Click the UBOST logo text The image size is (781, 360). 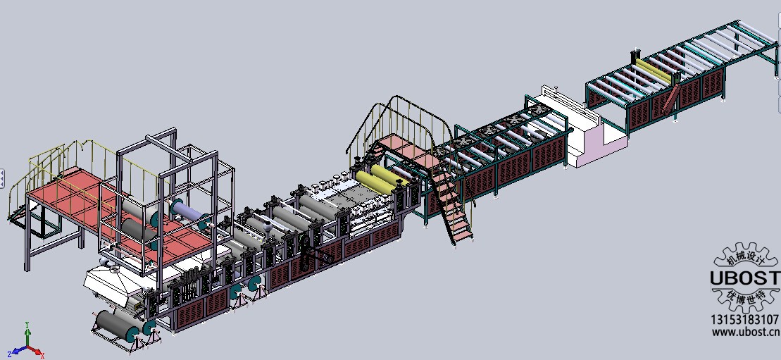[x=745, y=278]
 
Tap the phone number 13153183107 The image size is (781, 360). [x=745, y=320]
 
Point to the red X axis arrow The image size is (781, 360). [x=36, y=352]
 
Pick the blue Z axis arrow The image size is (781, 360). [x=18, y=351]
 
